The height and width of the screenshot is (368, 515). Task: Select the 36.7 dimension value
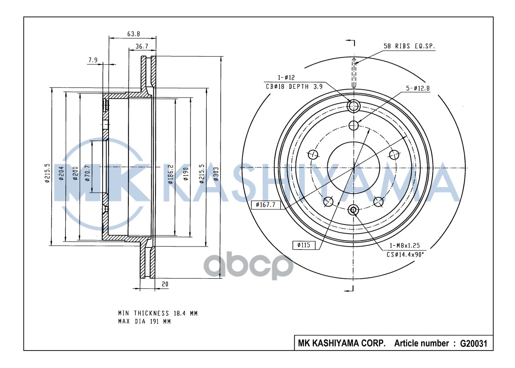(x=142, y=46)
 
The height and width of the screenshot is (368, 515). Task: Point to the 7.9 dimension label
(x=93, y=59)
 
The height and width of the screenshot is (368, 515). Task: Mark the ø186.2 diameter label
(x=170, y=174)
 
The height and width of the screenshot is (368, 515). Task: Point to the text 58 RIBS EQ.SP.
(x=409, y=46)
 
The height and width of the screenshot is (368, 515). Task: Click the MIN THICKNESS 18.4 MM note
(x=157, y=313)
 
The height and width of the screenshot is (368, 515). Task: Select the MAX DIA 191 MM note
(x=144, y=322)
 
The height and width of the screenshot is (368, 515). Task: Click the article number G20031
(x=467, y=343)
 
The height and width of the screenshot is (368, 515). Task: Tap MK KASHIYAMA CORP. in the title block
(x=342, y=343)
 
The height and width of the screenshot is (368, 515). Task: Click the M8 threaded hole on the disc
(x=353, y=210)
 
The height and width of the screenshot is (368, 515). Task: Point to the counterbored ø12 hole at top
(x=353, y=106)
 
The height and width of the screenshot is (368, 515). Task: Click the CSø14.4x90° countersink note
(x=405, y=254)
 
